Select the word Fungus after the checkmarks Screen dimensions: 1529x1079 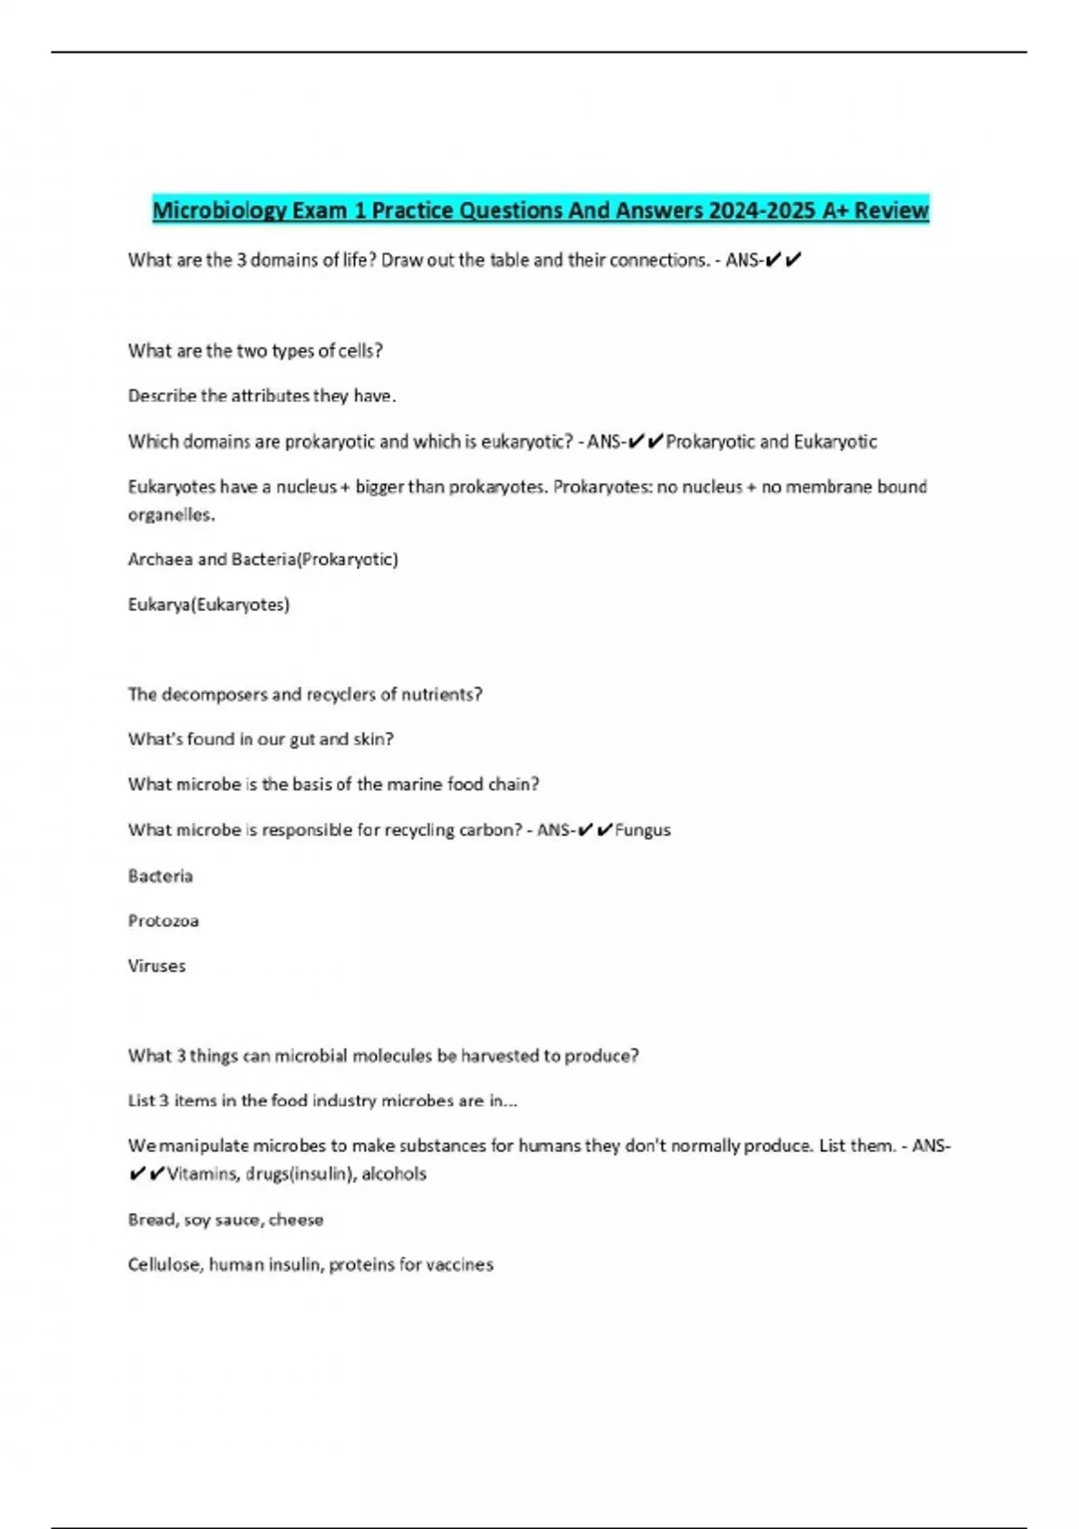[x=642, y=830]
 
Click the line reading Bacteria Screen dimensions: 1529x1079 [x=160, y=876]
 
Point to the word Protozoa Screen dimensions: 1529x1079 [x=163, y=921]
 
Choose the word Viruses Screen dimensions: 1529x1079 [x=156, y=966]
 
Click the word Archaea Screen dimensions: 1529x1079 [x=160, y=559]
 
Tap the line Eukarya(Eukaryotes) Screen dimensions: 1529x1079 [x=209, y=604]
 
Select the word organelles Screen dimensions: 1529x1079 [x=170, y=515]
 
